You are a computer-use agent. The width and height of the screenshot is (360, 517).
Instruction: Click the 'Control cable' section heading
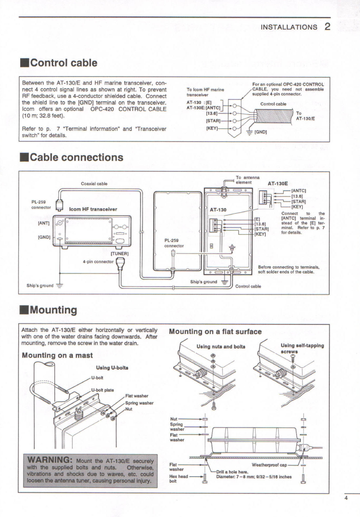(63, 63)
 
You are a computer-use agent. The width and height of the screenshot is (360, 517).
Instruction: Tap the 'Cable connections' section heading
(76, 157)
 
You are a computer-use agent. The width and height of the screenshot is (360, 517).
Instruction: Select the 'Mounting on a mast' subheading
(57, 355)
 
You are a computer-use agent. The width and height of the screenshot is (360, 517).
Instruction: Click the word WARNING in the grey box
(50, 460)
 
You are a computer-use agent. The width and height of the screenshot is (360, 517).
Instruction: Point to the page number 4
(346, 498)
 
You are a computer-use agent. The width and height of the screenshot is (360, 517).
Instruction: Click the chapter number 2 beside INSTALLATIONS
(327, 27)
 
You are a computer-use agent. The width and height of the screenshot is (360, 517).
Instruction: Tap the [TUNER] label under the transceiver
(120, 254)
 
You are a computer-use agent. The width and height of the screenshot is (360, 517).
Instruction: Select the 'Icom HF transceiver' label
(93, 209)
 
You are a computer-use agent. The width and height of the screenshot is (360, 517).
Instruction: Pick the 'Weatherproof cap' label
(269, 465)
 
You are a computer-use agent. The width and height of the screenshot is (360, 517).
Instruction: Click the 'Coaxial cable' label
(94, 184)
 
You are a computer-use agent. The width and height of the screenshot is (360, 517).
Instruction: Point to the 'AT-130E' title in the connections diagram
(278, 184)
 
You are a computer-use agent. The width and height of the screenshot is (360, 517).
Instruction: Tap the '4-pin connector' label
(98, 261)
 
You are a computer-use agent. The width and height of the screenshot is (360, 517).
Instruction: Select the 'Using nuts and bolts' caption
(221, 347)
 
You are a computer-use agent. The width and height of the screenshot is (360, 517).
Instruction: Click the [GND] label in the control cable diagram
(260, 132)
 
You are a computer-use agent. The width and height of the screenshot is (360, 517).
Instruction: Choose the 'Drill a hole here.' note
(232, 472)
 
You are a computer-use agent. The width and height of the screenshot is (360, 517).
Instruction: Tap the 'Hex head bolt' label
(178, 478)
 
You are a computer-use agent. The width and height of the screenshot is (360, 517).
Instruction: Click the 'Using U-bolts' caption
(112, 368)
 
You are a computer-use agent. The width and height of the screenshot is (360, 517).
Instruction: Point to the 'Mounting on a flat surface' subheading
(215, 332)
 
